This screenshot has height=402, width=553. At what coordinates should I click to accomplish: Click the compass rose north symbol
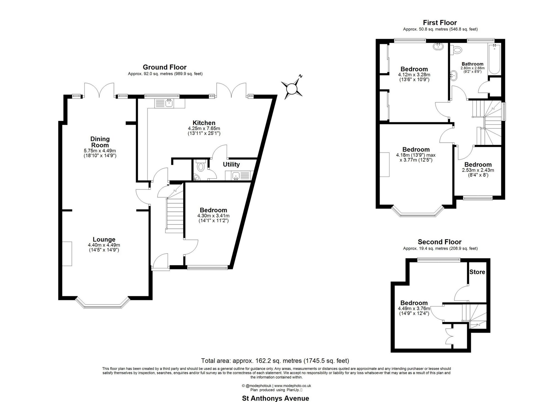click(x=292, y=88)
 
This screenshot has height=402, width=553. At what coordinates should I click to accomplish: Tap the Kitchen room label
click(x=204, y=123)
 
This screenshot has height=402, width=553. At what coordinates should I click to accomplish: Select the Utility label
click(x=231, y=164)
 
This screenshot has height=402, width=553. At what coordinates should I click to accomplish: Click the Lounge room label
click(x=104, y=239)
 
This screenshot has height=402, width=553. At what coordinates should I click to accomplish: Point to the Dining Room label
click(x=100, y=142)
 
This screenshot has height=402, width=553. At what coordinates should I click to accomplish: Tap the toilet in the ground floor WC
click(x=200, y=166)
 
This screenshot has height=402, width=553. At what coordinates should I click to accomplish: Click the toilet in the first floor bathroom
click(x=456, y=50)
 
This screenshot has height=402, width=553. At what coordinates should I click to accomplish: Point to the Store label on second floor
click(x=477, y=272)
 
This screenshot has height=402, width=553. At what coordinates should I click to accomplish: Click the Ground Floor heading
click(x=165, y=67)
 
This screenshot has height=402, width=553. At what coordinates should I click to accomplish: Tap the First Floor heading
click(x=440, y=23)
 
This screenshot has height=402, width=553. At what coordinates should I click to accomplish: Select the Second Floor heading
click(x=440, y=242)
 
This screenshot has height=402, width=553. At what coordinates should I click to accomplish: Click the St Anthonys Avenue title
click(x=276, y=398)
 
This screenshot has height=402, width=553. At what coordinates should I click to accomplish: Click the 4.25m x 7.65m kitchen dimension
click(x=204, y=128)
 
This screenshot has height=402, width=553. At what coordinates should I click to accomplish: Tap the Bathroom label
click(x=472, y=64)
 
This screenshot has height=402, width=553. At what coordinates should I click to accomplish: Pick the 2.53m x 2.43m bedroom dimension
click(x=478, y=170)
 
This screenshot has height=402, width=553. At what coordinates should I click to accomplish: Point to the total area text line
click(x=275, y=361)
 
